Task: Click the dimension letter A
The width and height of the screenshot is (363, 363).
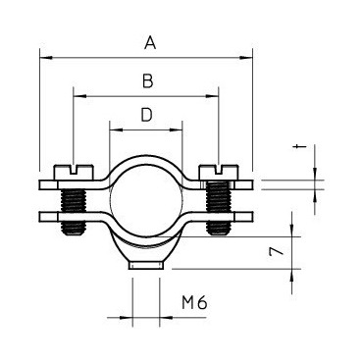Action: [150, 43]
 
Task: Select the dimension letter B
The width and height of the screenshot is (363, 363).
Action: [148, 81]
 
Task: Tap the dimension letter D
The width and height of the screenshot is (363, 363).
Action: [147, 115]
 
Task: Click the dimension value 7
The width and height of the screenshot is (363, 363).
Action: [276, 251]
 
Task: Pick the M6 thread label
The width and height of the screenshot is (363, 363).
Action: [194, 303]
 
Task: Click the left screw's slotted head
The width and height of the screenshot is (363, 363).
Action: [74, 172]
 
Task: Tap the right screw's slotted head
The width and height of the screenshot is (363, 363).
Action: [219, 172]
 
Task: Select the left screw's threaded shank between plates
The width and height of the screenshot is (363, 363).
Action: [74, 200]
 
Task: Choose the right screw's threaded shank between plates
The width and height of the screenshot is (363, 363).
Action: [219, 200]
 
